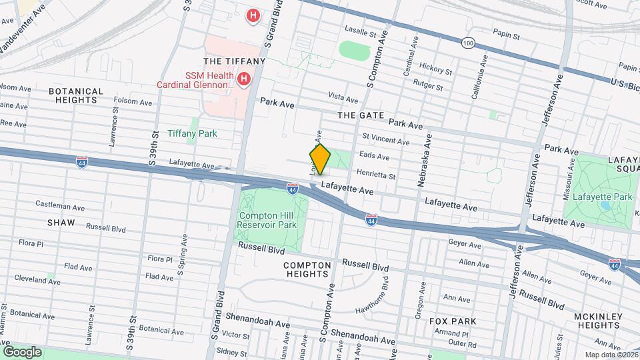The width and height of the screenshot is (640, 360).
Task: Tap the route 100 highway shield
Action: point(469,43)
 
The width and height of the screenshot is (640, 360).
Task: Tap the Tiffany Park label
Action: point(192,133)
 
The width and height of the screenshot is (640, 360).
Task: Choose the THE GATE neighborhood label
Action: point(361,115)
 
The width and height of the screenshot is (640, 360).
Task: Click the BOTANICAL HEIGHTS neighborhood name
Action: point(76,95)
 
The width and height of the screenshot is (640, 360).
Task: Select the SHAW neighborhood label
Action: point(61,222)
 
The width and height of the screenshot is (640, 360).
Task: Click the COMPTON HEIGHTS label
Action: point(307,269)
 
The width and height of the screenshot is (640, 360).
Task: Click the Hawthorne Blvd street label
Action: point(378,292)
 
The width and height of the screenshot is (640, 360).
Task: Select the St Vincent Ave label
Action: point(385,140)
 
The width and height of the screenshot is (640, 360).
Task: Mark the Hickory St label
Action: point(436,69)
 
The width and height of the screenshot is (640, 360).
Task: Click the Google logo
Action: point(22,351)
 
